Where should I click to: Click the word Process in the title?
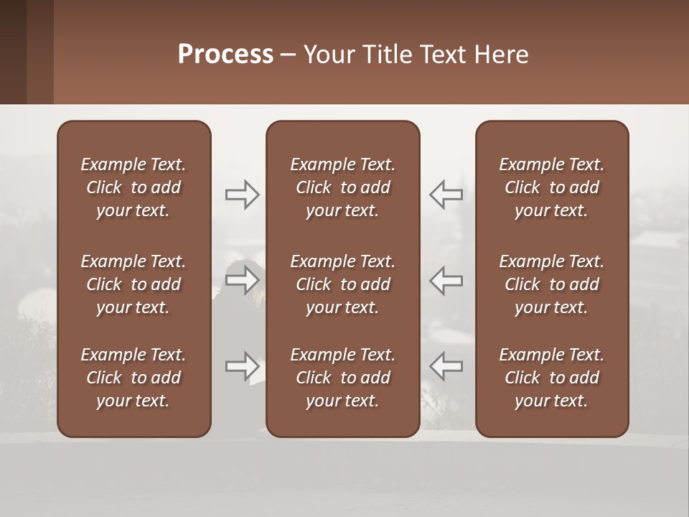225,55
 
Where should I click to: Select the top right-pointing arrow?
243,195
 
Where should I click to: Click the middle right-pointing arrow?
243,280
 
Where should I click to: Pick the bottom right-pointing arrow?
243,366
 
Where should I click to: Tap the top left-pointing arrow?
446,195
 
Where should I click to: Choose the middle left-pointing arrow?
446,280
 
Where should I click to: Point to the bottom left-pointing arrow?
446,366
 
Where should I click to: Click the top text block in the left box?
133,187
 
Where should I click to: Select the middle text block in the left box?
133,284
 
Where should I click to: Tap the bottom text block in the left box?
133,378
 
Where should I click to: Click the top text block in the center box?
342,187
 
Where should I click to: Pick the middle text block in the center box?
342,284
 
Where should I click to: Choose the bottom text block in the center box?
342,378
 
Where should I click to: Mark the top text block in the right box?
551,187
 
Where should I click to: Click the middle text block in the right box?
551,284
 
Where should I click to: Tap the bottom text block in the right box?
551,378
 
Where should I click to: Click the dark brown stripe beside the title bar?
13,52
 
